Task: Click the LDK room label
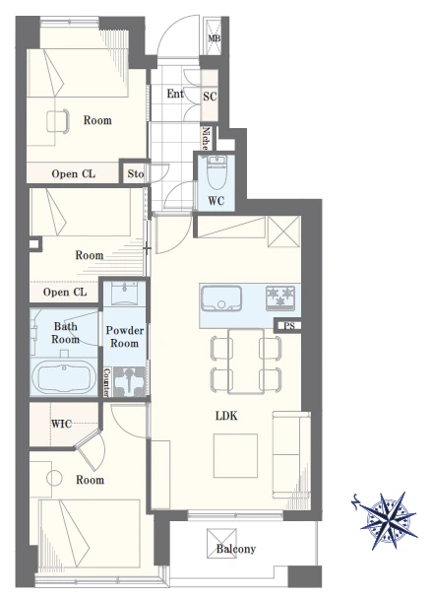(x=226, y=416)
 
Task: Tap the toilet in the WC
(x=216, y=174)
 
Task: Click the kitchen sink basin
(x=221, y=299)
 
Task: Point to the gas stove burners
(x=280, y=297)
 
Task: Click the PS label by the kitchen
(x=289, y=326)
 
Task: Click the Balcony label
(x=236, y=549)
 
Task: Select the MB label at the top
(x=215, y=38)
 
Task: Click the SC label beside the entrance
(x=210, y=97)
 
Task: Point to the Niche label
(x=206, y=138)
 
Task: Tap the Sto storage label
(x=136, y=174)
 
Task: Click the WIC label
(x=61, y=424)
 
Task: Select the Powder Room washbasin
(x=125, y=293)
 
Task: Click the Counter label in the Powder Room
(x=107, y=382)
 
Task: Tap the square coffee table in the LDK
(x=235, y=455)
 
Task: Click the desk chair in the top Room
(x=58, y=121)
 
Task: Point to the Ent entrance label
(x=175, y=94)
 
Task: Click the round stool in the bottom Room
(x=54, y=478)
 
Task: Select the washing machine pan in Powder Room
(x=129, y=381)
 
